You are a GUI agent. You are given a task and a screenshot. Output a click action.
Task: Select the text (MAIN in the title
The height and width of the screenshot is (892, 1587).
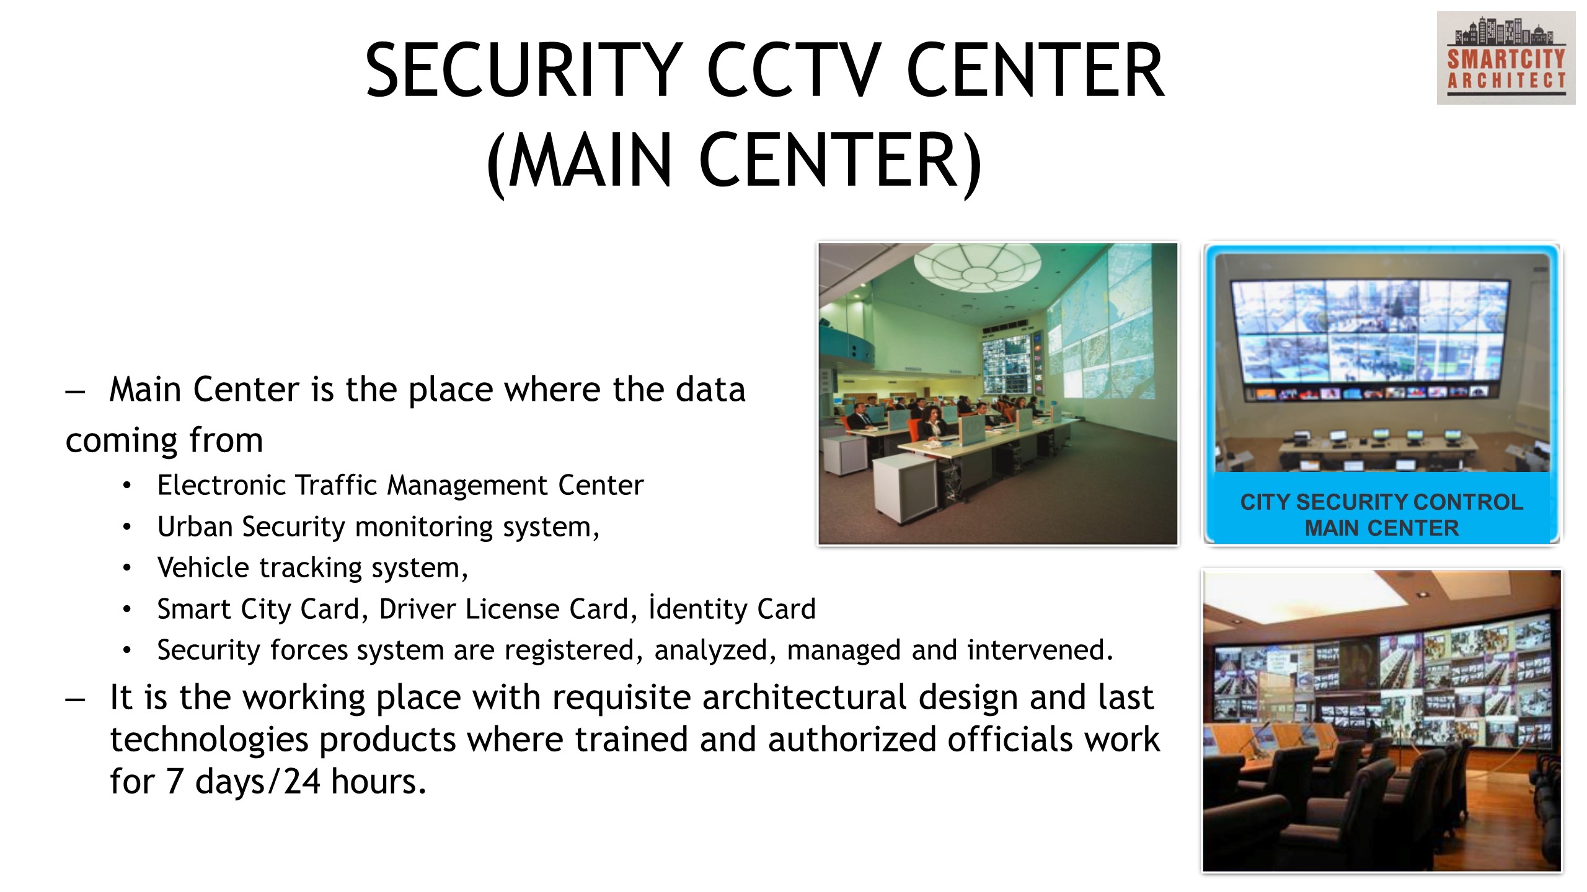pyautogui.click(x=579, y=161)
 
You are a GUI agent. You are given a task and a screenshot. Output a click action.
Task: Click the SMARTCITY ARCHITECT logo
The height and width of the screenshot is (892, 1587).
pyautogui.click(x=1506, y=58)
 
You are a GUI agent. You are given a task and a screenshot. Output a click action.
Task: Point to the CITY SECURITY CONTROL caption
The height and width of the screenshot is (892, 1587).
pyautogui.click(x=1381, y=502)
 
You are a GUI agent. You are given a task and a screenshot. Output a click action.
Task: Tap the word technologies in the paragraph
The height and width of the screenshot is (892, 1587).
pyautogui.click(x=209, y=740)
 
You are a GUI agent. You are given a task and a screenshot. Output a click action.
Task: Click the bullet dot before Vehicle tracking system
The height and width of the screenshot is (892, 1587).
pyautogui.click(x=127, y=567)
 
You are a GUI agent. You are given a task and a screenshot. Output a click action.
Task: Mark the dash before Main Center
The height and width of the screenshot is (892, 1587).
pyautogui.click(x=75, y=391)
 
